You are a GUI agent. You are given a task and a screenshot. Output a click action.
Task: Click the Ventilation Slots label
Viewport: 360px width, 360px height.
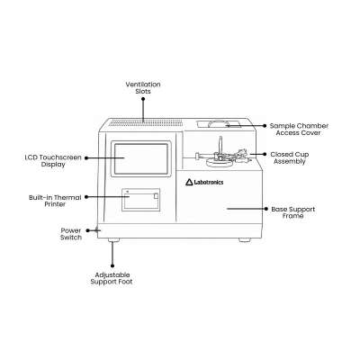[x=143, y=87]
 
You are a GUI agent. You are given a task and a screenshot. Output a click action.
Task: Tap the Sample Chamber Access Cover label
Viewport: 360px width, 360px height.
[x=299, y=130]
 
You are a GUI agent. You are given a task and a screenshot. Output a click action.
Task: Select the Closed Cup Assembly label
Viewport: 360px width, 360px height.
[x=290, y=157]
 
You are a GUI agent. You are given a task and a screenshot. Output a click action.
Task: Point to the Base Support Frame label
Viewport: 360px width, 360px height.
[x=293, y=212]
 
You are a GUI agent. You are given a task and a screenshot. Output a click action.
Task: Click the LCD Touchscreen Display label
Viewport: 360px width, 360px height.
[x=53, y=161]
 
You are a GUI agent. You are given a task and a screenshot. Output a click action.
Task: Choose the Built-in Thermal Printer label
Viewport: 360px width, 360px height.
[x=55, y=201]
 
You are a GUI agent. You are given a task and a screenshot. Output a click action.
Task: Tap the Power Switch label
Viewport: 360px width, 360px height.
[x=71, y=234]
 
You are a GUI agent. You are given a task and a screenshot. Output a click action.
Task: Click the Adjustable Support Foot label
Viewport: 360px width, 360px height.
[x=112, y=278]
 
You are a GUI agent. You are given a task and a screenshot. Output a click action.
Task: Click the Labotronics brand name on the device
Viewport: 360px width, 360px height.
[x=209, y=182]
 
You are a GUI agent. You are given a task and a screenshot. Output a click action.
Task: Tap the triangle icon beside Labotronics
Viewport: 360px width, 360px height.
[x=189, y=182]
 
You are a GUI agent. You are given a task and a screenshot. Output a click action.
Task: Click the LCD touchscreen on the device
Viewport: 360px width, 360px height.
[x=141, y=158]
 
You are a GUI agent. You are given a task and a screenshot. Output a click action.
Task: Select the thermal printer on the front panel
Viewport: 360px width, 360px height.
[x=140, y=200]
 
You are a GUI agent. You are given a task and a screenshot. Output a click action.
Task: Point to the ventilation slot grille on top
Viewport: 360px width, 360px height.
[x=146, y=122]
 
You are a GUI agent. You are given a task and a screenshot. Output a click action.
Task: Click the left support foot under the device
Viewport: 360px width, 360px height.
[x=113, y=240]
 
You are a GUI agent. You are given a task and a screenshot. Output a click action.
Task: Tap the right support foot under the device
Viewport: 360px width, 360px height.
[x=245, y=240]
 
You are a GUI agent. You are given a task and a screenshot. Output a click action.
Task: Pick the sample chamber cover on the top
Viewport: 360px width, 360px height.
[x=219, y=124]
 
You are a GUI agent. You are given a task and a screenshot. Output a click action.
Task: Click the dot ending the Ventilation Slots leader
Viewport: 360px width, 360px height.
[x=143, y=99]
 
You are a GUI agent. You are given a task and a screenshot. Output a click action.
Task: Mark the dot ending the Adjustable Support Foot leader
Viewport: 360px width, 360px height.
[x=112, y=265]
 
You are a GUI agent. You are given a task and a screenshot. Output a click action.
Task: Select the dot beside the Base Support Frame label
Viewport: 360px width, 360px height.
[x=265, y=209]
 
